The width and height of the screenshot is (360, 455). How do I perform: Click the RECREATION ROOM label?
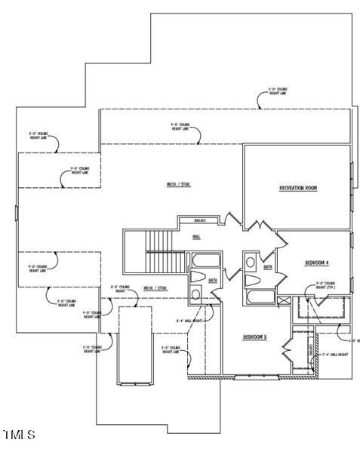[x=297, y=188]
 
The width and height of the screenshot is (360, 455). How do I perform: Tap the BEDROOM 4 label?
[x=316, y=263]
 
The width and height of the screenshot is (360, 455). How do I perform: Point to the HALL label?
[x=196, y=237]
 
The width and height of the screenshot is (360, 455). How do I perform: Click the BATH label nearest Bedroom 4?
[x=268, y=266]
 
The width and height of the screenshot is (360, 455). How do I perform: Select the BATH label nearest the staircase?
[x=213, y=278]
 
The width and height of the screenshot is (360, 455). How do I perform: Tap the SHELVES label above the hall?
[x=201, y=220]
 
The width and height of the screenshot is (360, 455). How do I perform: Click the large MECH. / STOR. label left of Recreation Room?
[x=178, y=185]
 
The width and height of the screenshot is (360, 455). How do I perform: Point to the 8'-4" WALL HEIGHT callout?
[x=188, y=320]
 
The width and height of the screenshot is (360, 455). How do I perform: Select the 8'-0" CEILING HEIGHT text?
[x=121, y=290]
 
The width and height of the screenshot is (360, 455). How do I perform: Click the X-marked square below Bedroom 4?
[x=283, y=300]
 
